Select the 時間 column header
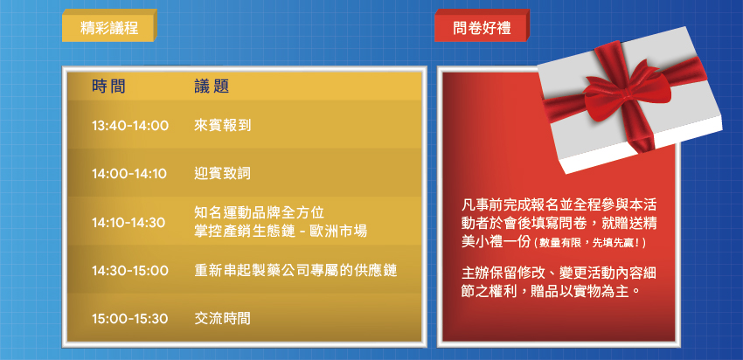click(x=109, y=87)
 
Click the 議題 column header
click(x=212, y=87)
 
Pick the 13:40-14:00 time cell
click(x=130, y=126)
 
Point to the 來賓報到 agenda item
click(x=222, y=126)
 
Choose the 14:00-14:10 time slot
click(x=129, y=174)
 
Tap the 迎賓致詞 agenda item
click(x=222, y=174)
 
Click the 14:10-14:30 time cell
click(x=128, y=222)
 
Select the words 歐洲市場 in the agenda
click(x=338, y=232)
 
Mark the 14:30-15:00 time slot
click(x=130, y=271)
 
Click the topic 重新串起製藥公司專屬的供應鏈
click(x=295, y=271)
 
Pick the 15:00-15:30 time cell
click(x=130, y=319)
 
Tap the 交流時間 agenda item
click(x=222, y=319)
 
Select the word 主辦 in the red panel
click(x=476, y=273)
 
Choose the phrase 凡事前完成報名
click(x=510, y=206)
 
